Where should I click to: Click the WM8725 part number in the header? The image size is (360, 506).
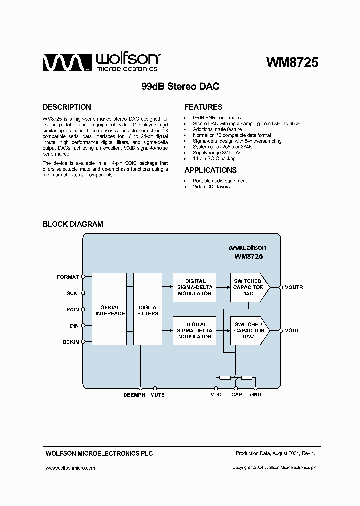[292, 63]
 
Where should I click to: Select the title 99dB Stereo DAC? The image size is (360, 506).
[180, 86]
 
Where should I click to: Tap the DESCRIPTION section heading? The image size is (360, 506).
[67, 107]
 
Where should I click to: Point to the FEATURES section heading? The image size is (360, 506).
[203, 107]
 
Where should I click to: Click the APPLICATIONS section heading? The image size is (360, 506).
[210, 170]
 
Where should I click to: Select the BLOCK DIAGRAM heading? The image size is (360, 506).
[73, 224]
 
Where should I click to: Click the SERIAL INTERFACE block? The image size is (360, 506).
[110, 310]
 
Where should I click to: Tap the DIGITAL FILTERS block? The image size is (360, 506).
[148, 310]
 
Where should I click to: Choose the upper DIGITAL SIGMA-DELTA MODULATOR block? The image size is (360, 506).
[195, 287]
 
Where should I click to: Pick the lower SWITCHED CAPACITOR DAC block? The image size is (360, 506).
[248, 331]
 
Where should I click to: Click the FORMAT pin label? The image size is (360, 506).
[68, 277]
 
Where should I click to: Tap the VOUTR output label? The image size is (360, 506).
[294, 287]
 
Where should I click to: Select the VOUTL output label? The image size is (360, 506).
[293, 331]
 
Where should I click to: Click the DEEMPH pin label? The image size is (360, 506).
[134, 395]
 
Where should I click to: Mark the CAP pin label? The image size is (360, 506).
[236, 395]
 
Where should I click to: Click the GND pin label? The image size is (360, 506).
[256, 395]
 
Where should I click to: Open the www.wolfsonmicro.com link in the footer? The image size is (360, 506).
[70, 468]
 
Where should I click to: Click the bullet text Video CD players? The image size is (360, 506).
[211, 187]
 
